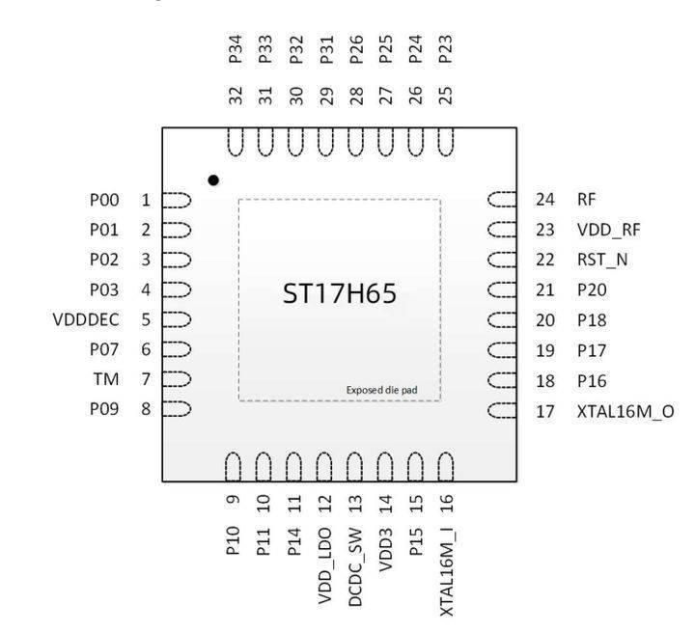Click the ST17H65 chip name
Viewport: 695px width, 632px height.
340,293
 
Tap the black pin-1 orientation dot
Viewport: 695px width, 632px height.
213,180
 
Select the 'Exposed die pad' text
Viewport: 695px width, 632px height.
381,390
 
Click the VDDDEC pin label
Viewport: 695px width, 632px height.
86,319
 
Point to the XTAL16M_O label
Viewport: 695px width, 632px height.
625,412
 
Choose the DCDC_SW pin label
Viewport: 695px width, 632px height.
356,566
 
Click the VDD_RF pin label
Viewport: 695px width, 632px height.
608,230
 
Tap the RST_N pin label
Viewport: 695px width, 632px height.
602,260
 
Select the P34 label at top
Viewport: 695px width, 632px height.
236,49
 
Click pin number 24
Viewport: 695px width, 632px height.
545,200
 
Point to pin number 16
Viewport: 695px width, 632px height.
446,504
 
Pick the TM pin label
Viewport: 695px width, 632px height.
106,379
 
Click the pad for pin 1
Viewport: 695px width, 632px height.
177,201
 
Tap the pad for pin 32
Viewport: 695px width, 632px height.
236,142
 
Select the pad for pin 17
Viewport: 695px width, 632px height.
502,411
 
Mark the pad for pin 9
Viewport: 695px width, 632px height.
234,467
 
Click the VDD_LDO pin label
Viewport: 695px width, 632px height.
325,566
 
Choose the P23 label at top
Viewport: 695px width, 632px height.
445,49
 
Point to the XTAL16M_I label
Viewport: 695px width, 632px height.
447,572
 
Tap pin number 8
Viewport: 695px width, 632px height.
146,408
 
